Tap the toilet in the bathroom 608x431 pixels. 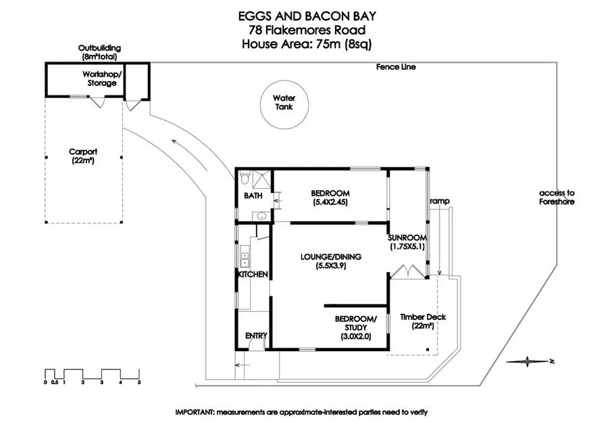coord(245,178)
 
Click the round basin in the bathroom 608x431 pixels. coord(261,215)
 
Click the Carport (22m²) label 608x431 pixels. coord(83,156)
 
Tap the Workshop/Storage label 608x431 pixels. coord(102,78)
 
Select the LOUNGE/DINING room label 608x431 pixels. coord(331,261)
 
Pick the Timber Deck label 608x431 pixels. coord(423,321)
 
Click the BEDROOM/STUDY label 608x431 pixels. coord(355,327)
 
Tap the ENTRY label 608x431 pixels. coord(256,336)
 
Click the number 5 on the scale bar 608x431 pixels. coord(139,382)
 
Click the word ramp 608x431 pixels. coord(440,201)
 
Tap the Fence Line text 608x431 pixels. coord(395,67)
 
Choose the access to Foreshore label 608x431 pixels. coord(557,198)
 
